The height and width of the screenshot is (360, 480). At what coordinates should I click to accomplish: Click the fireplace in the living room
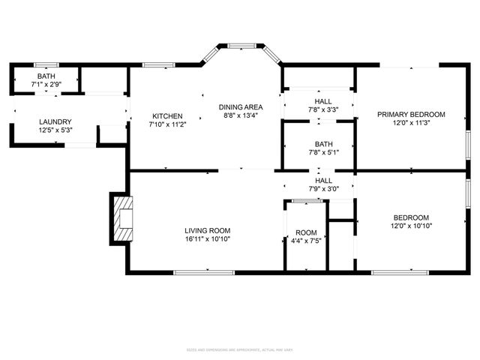pos(121,220)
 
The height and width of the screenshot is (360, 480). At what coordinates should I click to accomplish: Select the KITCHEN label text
pos(167,116)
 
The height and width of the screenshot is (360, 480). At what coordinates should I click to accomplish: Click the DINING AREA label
pos(240,107)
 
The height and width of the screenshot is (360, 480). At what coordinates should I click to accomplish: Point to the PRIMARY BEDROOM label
pos(411,115)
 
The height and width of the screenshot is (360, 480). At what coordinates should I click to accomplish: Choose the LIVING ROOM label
pos(208,230)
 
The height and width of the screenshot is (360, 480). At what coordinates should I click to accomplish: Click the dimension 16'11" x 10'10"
pos(208,239)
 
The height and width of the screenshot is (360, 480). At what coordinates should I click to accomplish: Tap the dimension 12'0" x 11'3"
pos(411,124)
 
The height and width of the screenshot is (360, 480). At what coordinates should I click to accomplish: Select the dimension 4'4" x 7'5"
pos(306,241)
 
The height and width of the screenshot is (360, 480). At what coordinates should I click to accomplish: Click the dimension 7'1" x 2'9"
pos(45,85)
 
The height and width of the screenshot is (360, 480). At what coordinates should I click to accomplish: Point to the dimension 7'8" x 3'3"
pos(323,110)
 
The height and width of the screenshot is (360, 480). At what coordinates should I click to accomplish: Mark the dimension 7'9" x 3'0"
pos(323,189)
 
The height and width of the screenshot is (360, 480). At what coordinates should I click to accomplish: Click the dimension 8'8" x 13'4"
pos(240,116)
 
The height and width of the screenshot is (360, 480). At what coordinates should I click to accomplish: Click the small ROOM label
pos(306,232)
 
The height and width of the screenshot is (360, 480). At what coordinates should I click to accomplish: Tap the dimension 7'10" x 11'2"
pos(167,125)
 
